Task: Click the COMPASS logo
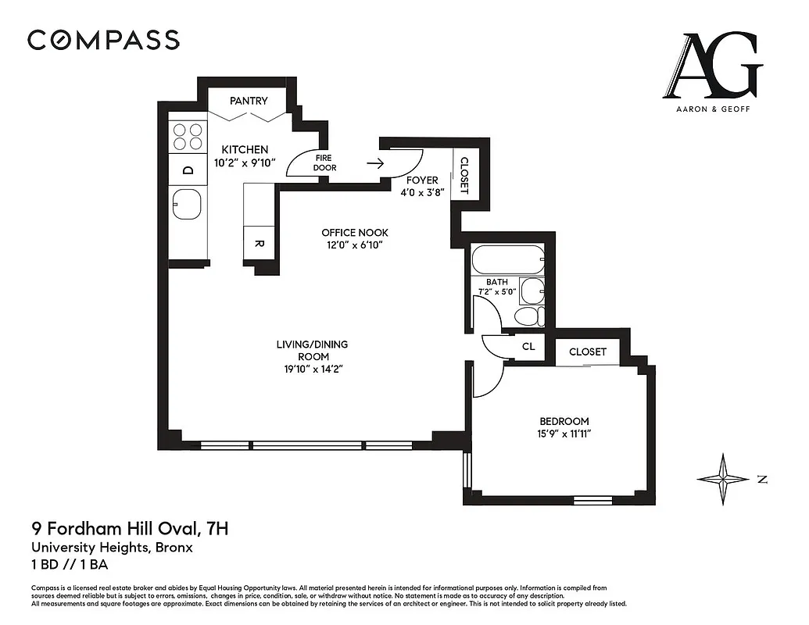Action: (x=103, y=40)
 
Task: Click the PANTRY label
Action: (x=249, y=101)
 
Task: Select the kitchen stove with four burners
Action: (x=188, y=137)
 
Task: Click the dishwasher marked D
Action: (x=188, y=170)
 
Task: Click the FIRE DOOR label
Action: (x=323, y=162)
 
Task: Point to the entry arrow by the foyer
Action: (x=375, y=164)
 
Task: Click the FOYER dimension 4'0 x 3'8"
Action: (x=422, y=192)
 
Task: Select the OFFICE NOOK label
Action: (x=355, y=233)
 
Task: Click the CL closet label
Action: (x=528, y=346)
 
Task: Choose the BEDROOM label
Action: (x=564, y=421)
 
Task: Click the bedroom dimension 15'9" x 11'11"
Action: (x=564, y=434)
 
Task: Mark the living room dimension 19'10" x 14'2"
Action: (x=312, y=370)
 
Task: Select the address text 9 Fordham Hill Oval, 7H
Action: (x=130, y=529)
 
